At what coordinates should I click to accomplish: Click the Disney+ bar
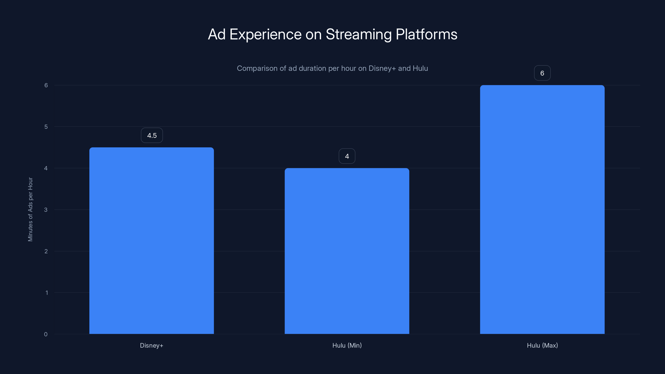pos(151,240)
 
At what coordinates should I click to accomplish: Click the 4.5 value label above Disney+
pos(152,135)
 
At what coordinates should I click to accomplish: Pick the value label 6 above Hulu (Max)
pos(542,73)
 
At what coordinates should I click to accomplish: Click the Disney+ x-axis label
pos(151,345)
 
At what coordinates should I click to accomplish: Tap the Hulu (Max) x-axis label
pos(542,345)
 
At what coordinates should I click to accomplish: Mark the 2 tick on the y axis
pos(46,251)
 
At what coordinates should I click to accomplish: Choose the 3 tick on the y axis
pos(46,210)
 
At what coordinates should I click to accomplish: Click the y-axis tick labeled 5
pos(46,127)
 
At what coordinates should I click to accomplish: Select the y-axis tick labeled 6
pos(46,85)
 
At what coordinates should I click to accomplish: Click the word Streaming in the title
pos(358,34)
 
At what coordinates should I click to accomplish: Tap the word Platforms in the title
pos(426,34)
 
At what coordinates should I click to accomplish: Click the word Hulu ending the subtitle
pos(420,68)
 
